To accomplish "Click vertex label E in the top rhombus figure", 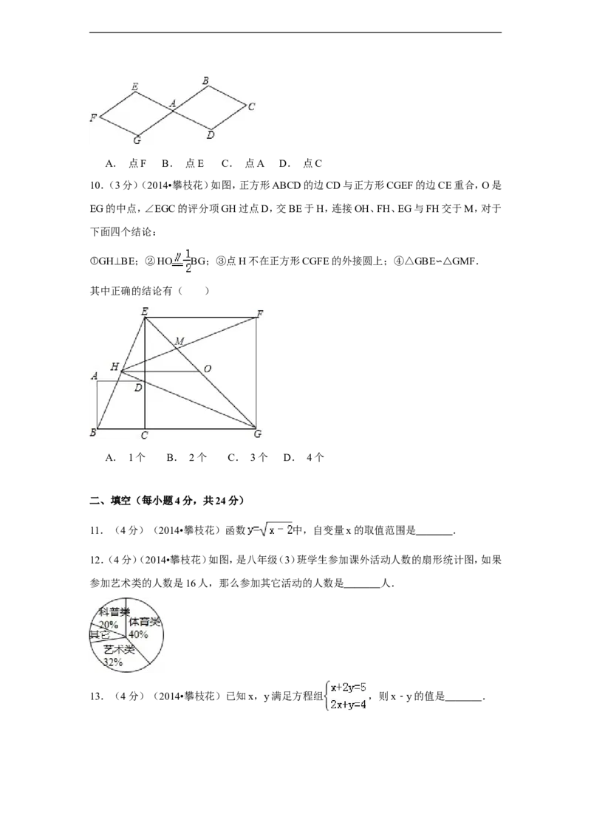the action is tap(134, 87).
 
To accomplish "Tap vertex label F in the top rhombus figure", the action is tap(93, 117).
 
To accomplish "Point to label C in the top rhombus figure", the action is tap(251, 106).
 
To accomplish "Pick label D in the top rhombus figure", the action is tap(211, 135).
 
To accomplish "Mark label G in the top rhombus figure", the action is tap(137, 140).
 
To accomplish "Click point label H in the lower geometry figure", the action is tap(115, 366).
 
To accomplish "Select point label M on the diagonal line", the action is tap(180, 340).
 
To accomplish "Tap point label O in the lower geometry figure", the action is tap(208, 369).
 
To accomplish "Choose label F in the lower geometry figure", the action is tap(259, 314).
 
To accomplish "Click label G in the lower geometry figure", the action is tap(258, 434).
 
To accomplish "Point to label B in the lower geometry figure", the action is tap(93, 433).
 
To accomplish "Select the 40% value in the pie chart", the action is tap(138, 634).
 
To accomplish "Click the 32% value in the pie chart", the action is tap(112, 662).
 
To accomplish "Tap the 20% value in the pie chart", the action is tap(109, 624).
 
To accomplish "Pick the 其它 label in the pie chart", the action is tap(99, 634).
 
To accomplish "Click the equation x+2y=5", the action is tap(348, 688).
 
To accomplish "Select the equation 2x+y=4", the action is tap(348, 705).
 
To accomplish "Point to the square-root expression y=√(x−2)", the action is tap(271, 530).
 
